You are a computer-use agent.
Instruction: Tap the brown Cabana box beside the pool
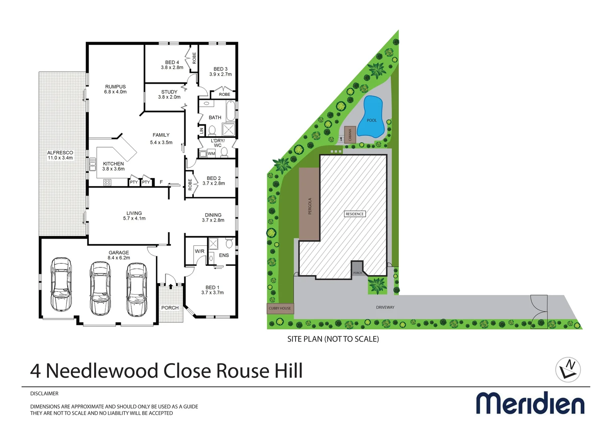(350, 134)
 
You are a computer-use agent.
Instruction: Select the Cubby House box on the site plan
(280, 308)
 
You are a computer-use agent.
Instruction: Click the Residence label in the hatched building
(354, 214)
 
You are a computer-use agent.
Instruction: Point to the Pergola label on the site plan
(310, 206)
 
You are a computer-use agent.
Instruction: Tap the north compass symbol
(568, 369)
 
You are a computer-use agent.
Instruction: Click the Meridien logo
(530, 403)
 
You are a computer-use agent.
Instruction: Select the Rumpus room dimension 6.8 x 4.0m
(115, 92)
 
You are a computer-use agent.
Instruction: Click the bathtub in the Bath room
(230, 111)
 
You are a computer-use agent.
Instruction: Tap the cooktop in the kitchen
(107, 182)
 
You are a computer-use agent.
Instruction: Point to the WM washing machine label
(211, 154)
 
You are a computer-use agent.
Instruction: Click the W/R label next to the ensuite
(199, 251)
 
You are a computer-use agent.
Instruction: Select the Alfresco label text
(60, 153)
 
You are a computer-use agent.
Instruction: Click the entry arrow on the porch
(171, 286)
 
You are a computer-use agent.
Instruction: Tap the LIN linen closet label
(201, 130)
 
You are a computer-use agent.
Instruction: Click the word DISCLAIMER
(44, 394)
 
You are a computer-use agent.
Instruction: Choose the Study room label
(169, 92)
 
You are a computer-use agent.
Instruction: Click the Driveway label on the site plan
(385, 308)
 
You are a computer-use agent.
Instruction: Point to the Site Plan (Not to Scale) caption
(333, 339)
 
